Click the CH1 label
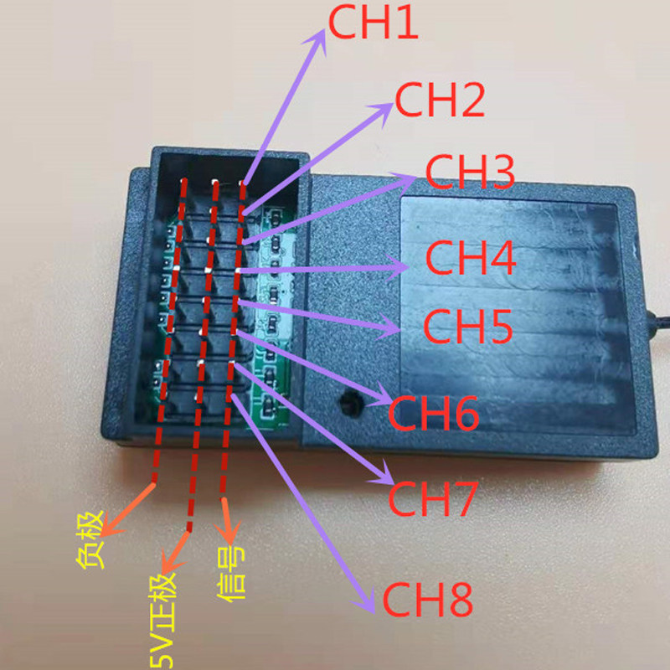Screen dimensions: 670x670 pyautogui.click(x=373, y=24)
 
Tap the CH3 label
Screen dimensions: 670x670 pyautogui.click(x=469, y=172)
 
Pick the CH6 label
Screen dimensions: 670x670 pyautogui.click(x=433, y=412)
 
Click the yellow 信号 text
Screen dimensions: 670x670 pyautogui.click(x=231, y=574)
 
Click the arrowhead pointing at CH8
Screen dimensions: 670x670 pyautogui.click(x=366, y=606)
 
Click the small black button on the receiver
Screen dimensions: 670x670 pyautogui.click(x=346, y=402)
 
